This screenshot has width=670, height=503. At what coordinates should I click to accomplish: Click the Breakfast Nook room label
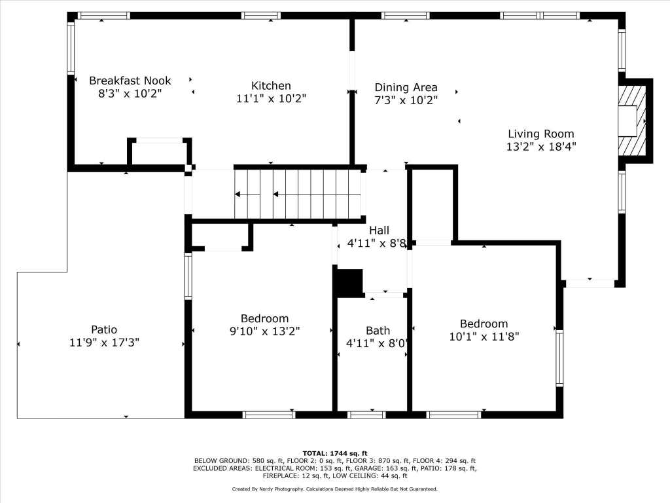pyautogui.click(x=130, y=81)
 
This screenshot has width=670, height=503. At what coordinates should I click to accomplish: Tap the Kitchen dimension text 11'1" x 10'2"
pyautogui.click(x=272, y=98)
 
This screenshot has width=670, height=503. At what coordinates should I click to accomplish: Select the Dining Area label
pyautogui.click(x=406, y=87)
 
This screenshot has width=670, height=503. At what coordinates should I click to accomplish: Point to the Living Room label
pyautogui.click(x=541, y=134)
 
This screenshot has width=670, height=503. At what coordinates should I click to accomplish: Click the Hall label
pyautogui.click(x=379, y=230)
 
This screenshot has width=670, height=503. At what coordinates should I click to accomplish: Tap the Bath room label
pyautogui.click(x=378, y=331)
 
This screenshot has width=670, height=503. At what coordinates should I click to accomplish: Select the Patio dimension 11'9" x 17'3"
pyautogui.click(x=104, y=343)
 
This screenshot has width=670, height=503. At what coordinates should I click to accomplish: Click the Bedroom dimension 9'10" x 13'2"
pyautogui.click(x=265, y=331)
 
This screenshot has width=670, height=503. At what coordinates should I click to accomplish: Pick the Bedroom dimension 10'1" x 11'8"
pyautogui.click(x=484, y=337)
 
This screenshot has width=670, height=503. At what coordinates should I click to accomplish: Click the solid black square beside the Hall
pyautogui.click(x=350, y=283)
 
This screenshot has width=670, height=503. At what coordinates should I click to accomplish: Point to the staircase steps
pyautogui.click(x=298, y=194)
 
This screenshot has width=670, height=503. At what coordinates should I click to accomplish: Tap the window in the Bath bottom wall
pyautogui.click(x=366, y=415)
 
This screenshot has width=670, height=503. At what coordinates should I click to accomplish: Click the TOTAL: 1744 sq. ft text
pyautogui.click(x=335, y=453)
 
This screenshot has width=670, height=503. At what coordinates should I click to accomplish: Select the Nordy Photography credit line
pyautogui.click(x=334, y=489)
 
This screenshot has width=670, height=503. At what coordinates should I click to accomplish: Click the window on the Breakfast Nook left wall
pyautogui.click(x=71, y=48)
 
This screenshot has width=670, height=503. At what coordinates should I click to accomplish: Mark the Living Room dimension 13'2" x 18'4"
pyautogui.click(x=541, y=147)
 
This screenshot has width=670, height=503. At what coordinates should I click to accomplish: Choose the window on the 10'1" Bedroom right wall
pyautogui.click(x=559, y=358)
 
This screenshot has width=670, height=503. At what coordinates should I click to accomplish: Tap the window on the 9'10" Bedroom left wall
pyautogui.click(x=188, y=276)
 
